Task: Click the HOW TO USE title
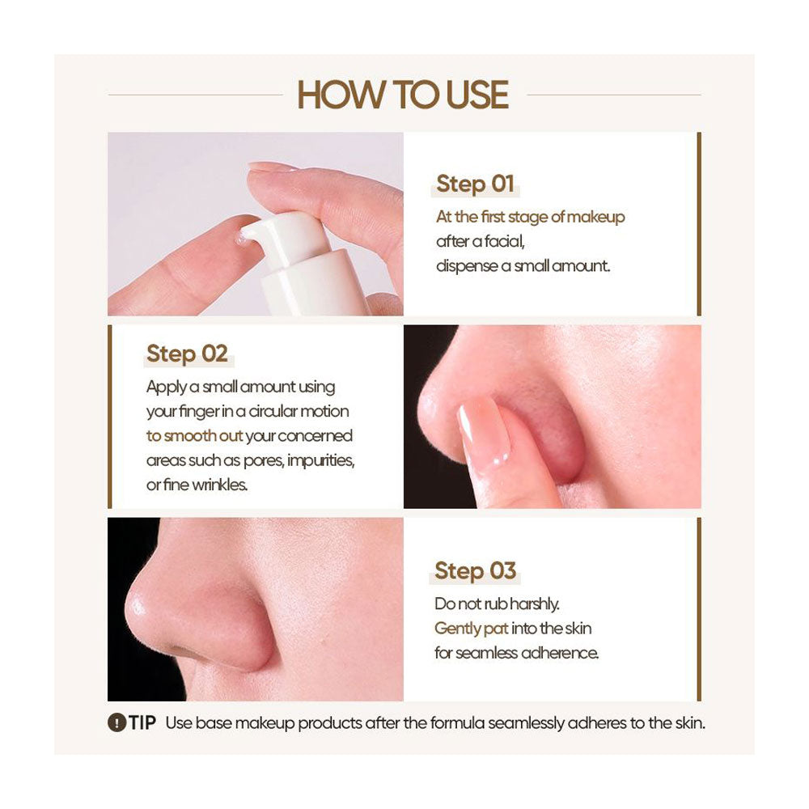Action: [x=403, y=95]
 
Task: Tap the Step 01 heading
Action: [x=475, y=184]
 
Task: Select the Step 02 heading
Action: [x=187, y=354]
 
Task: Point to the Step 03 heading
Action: [x=475, y=570]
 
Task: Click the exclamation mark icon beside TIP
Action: [x=116, y=722]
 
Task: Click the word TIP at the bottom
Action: [x=143, y=722]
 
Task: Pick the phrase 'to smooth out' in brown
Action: [x=195, y=435]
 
